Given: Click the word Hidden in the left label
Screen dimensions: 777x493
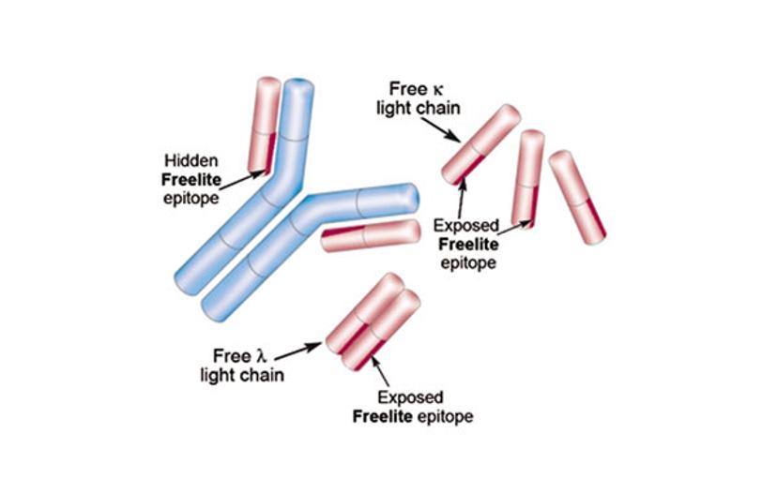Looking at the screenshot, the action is click(x=190, y=158).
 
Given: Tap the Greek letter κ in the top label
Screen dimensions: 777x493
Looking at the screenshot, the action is click(x=436, y=90).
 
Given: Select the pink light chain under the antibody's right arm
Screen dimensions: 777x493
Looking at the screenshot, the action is click(x=370, y=235).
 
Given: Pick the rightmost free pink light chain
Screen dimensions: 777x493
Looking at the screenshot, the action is click(x=577, y=197).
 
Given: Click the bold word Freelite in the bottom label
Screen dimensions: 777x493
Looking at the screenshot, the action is click(x=384, y=415).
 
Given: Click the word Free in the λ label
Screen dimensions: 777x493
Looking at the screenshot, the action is click(x=230, y=356).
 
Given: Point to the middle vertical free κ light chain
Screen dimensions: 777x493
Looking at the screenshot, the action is click(x=527, y=178).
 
